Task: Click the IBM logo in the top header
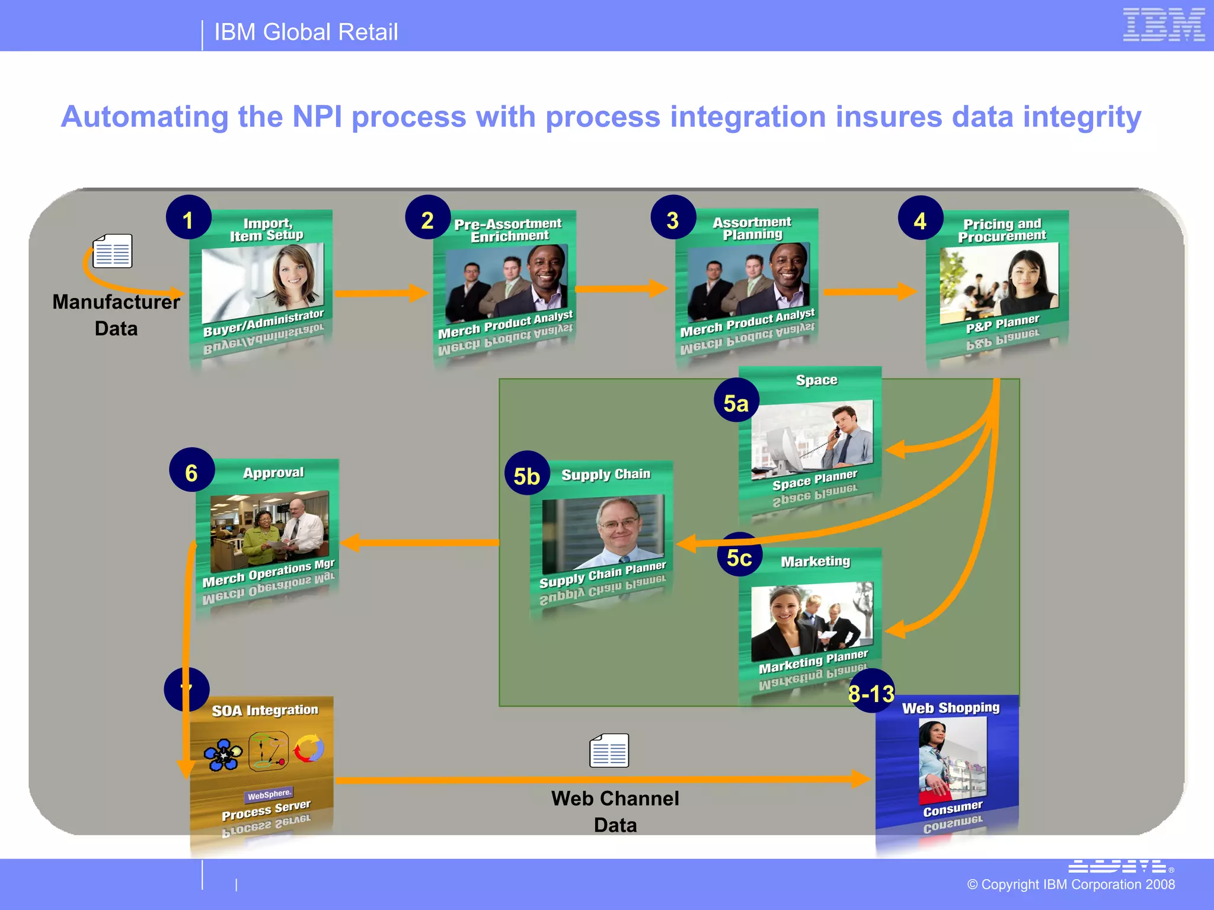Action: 1163,25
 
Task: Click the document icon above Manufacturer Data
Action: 113,251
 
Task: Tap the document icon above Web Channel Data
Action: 609,751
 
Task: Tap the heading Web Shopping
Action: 950,708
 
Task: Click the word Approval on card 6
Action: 273,473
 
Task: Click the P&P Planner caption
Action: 1002,324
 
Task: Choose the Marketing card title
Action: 815,561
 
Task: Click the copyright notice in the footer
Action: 1071,885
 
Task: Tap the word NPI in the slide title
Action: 317,117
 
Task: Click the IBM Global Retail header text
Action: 305,32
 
